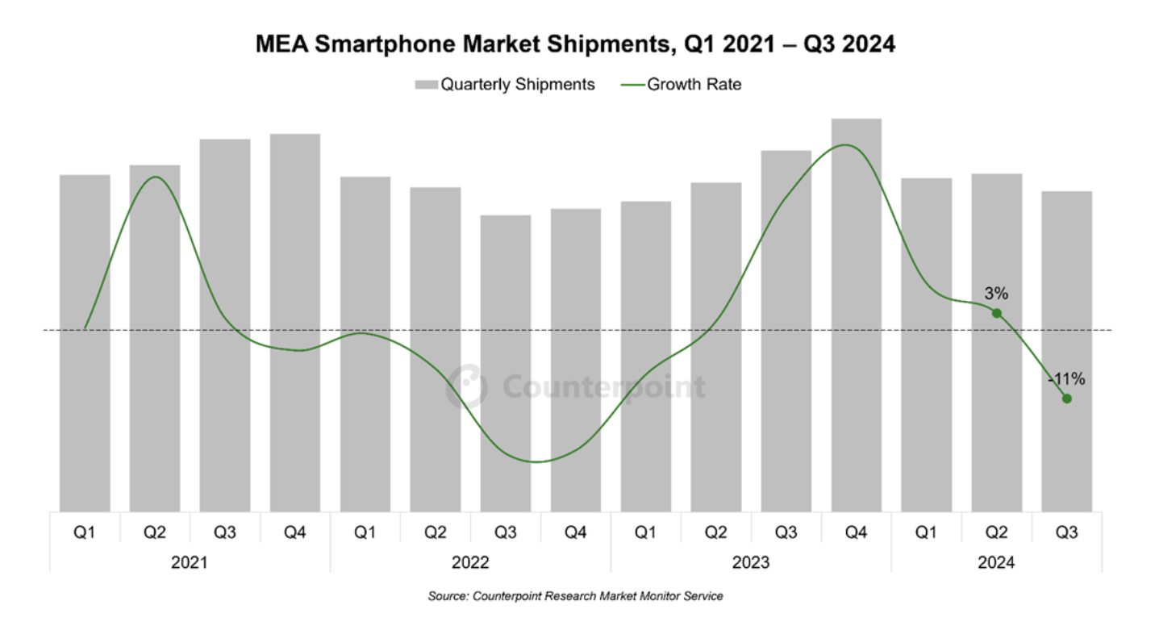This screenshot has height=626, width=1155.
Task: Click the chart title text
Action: (x=575, y=44)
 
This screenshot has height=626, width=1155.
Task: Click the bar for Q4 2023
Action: (x=856, y=315)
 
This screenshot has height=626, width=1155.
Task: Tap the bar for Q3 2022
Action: (x=505, y=363)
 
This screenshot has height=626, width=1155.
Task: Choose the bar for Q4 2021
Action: (x=295, y=323)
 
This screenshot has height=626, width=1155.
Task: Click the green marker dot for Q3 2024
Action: (x=1067, y=399)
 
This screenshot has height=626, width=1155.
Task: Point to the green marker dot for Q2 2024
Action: (x=997, y=313)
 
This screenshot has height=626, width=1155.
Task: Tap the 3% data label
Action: (x=995, y=294)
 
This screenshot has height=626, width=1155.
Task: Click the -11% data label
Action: (x=1066, y=378)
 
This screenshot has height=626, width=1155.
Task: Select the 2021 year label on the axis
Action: (x=190, y=562)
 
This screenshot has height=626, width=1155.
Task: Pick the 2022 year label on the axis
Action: (x=470, y=562)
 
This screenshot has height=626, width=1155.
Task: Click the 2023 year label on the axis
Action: (x=751, y=562)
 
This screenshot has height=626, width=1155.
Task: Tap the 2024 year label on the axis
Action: (x=996, y=562)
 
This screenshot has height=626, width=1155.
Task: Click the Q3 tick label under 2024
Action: (x=1066, y=532)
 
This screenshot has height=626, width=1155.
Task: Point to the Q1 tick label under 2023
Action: (x=645, y=532)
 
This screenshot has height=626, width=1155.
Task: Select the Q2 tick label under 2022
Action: (x=435, y=532)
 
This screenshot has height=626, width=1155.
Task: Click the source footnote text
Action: (x=575, y=596)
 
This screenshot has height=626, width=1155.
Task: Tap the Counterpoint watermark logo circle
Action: (x=467, y=386)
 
